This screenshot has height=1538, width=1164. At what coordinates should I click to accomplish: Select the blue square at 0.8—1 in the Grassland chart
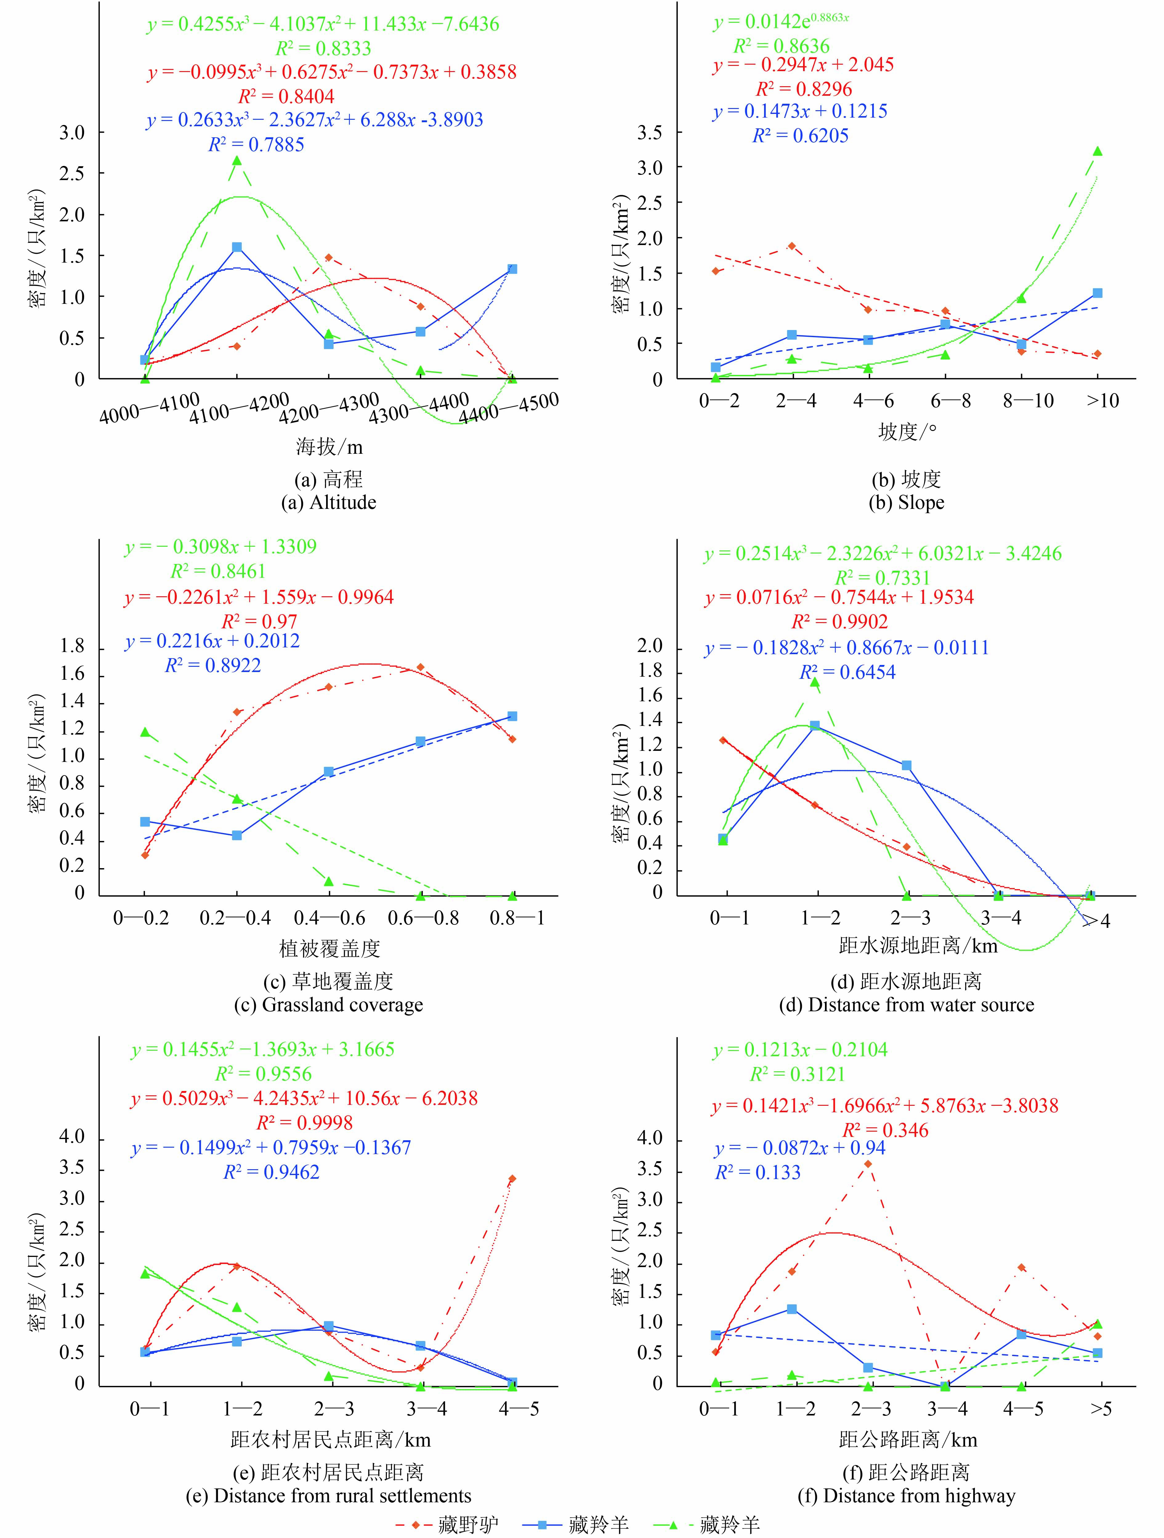click(512, 716)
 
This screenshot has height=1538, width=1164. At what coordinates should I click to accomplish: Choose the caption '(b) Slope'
click(906, 503)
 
